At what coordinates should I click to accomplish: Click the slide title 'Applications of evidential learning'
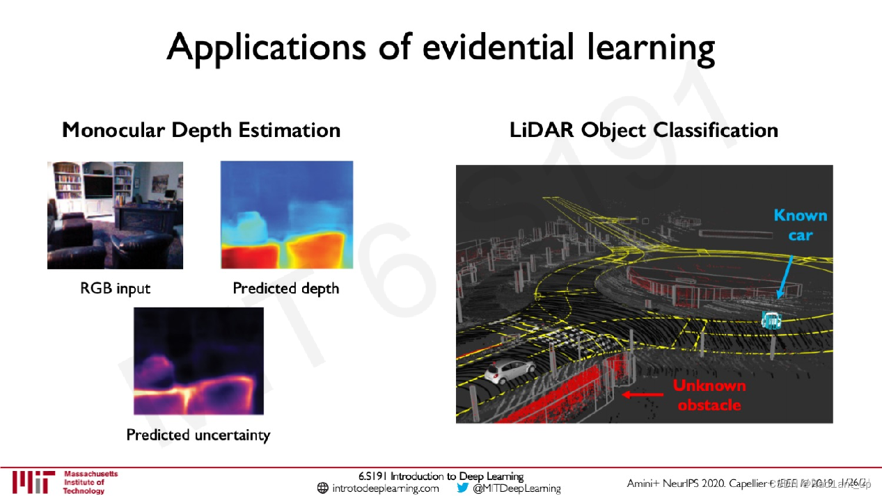click(441, 47)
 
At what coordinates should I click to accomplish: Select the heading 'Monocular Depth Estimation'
click(201, 130)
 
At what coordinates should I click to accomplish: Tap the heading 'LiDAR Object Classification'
click(644, 130)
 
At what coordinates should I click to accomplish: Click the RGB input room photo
click(115, 215)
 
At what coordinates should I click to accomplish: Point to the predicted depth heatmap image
click(287, 215)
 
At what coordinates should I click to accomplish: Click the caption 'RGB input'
click(115, 288)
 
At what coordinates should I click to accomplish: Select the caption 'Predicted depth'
click(286, 288)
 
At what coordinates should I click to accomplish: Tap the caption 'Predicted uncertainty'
click(198, 435)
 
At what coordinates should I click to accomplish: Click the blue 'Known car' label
click(801, 225)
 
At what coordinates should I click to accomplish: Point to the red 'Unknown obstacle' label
click(709, 395)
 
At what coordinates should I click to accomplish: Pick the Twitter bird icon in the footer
click(463, 488)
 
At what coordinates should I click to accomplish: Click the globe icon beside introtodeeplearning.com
click(322, 488)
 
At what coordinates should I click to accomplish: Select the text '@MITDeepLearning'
click(517, 488)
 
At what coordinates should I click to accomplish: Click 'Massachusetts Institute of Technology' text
click(90, 482)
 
